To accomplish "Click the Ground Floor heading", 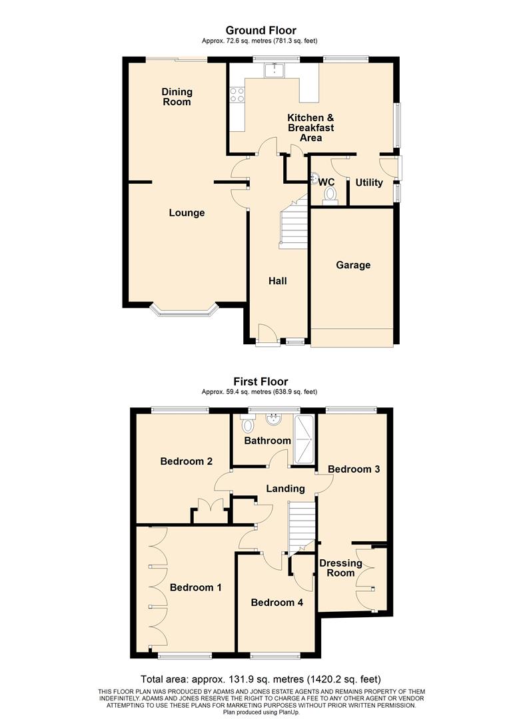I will tap(261, 30).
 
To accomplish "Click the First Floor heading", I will tap(261, 381).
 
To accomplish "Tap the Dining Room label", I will tap(177, 97).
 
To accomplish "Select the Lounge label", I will tap(187, 213).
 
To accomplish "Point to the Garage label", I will tap(352, 265).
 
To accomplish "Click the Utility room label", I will tap(368, 182).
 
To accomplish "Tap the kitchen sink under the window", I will tap(274, 69).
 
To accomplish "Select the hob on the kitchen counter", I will tap(237, 95).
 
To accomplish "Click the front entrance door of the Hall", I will tap(266, 334).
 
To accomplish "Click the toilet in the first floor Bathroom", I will tap(249, 425).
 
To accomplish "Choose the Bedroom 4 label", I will tap(276, 602).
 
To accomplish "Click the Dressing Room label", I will tap(340, 568).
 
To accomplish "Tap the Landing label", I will tap(285, 489).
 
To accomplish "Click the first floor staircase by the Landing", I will tap(301, 526).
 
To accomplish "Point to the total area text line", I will tap(261, 680).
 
